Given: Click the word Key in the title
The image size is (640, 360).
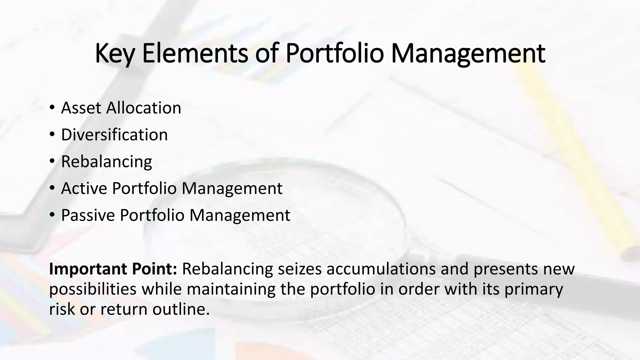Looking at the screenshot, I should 115,54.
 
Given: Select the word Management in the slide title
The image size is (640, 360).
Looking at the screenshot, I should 468,54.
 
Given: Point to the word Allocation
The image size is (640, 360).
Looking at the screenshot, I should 143,108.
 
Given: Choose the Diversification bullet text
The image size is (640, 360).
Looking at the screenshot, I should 114,135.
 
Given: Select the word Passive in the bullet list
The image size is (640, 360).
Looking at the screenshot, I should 88,215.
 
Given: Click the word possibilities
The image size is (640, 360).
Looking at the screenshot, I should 93,289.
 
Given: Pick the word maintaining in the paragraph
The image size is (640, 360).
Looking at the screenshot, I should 231,289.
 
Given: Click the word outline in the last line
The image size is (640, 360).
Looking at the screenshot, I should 181,309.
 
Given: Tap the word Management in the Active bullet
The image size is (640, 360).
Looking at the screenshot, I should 232,188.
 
